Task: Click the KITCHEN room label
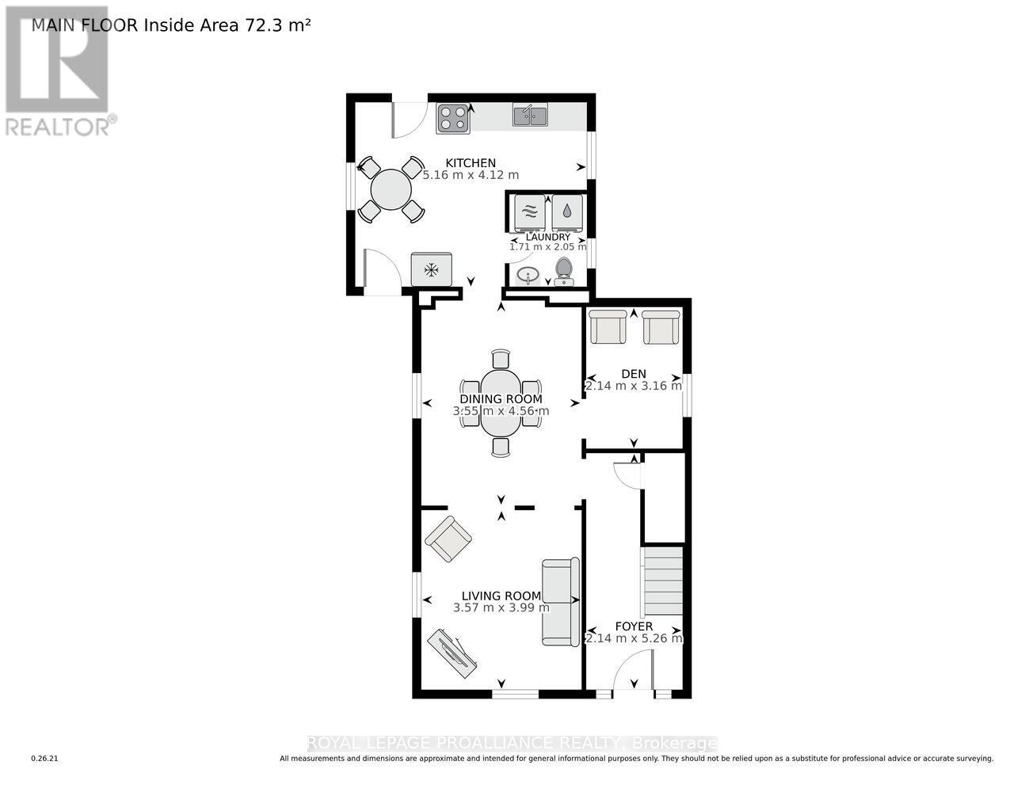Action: [471, 163]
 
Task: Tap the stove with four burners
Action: [453, 118]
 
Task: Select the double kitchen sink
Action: [531, 116]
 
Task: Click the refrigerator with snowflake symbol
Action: [432, 270]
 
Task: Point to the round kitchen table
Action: [391, 189]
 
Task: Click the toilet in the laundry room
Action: [564, 271]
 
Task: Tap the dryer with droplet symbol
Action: [567, 211]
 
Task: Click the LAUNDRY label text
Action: [548, 237]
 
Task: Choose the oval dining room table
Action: [501, 403]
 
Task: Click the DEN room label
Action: [634, 374]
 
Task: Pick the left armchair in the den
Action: [608, 326]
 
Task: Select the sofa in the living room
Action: [561, 602]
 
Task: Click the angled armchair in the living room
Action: [448, 539]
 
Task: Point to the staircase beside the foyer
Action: [662, 582]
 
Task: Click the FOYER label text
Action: [634, 626]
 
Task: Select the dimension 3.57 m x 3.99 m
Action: [501, 608]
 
